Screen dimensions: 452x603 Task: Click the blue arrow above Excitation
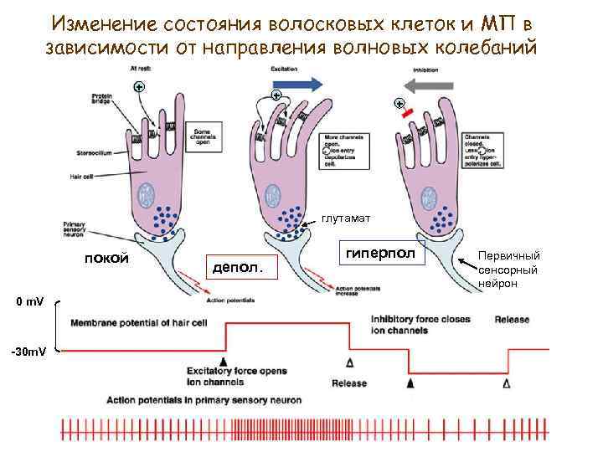click(297, 84)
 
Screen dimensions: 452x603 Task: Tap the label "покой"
click(106, 257)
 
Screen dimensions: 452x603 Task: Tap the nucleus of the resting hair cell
click(147, 195)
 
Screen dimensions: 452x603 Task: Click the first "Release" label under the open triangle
click(349, 383)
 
